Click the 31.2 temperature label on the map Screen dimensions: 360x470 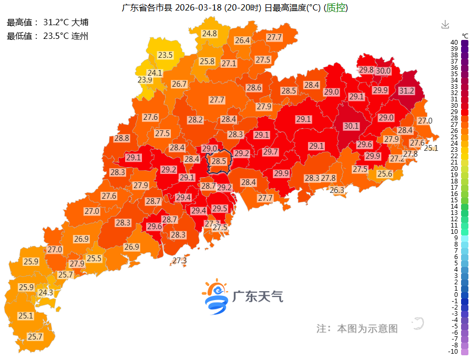(x=406, y=91)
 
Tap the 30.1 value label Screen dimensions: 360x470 (x=351, y=126)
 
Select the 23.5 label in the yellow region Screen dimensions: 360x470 (x=165, y=55)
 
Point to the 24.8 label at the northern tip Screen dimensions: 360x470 (x=209, y=34)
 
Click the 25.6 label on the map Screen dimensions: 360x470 (x=384, y=174)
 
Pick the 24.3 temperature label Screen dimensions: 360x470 (x=45, y=292)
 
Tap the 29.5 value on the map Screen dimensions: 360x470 (x=220, y=209)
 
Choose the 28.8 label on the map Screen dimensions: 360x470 (x=122, y=138)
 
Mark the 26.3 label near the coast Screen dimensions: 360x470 (x=336, y=190)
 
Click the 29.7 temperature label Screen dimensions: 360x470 (x=270, y=152)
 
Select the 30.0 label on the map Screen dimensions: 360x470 (x=383, y=70)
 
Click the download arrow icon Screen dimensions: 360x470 (x=445, y=25)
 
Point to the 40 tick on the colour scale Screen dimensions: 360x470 (x=454, y=43)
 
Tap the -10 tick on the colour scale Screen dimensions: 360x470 (x=453, y=352)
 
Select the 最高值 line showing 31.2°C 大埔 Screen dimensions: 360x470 (x=48, y=23)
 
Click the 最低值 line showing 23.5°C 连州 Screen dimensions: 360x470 (x=48, y=36)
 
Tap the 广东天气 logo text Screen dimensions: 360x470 (x=258, y=296)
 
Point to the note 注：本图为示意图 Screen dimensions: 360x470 (x=357, y=328)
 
